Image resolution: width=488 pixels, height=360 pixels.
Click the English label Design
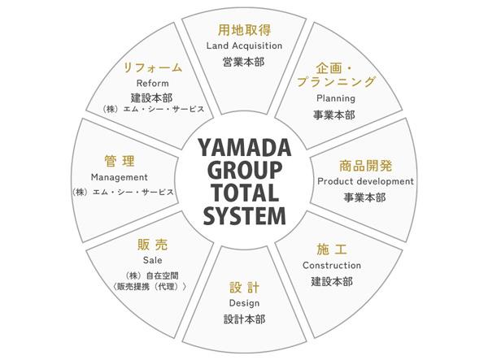pyautogui.click(x=243, y=303)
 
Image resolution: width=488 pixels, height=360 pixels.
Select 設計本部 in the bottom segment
pyautogui.click(x=243, y=319)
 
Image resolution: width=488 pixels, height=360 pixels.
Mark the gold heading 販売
pyautogui.click(x=152, y=244)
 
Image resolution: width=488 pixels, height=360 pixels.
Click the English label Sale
pyautogui.click(x=152, y=260)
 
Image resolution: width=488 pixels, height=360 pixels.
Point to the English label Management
pyautogui.click(x=119, y=176)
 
